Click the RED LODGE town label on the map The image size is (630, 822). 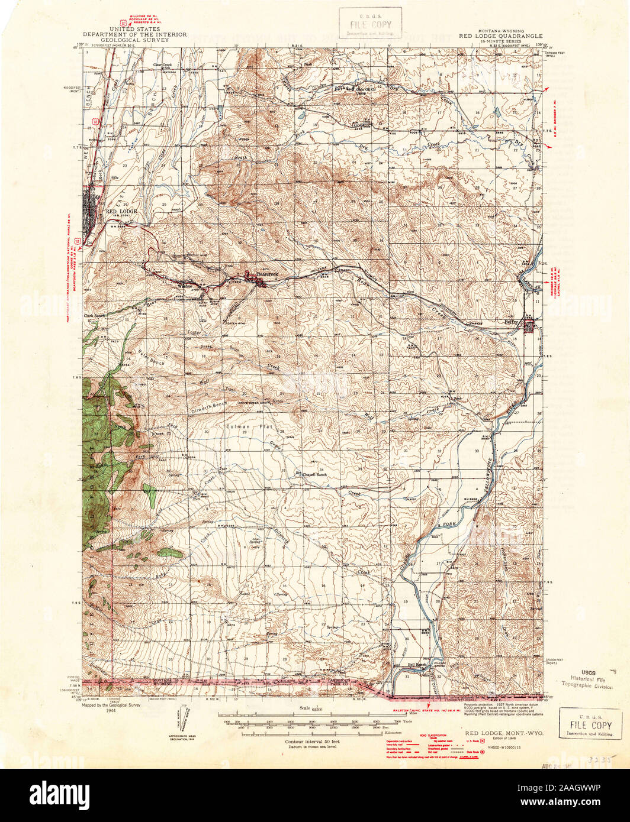(x=121, y=211)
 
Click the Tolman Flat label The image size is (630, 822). (x=245, y=426)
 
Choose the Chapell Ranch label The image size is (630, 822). (x=314, y=474)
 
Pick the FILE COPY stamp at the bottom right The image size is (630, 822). (x=590, y=724)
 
